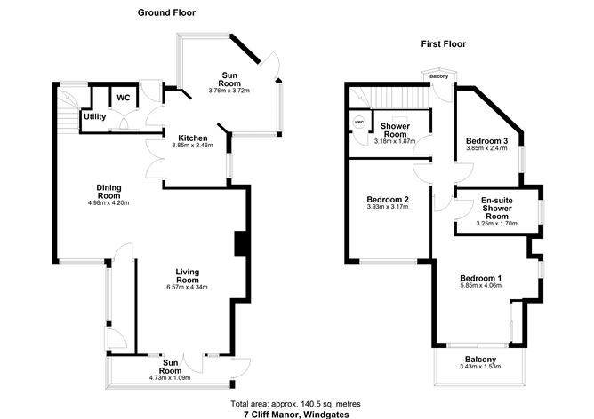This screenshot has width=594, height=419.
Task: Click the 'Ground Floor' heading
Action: click(x=166, y=12)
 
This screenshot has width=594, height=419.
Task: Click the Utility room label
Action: click(x=94, y=116)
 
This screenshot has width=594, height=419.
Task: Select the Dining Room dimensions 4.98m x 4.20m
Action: click(x=108, y=203)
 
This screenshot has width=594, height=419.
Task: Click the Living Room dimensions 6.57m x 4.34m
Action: click(x=186, y=287)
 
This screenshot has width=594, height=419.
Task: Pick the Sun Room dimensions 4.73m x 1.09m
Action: click(x=170, y=376)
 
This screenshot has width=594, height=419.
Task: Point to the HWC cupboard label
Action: click(x=359, y=122)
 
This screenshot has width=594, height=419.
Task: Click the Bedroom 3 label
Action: click(x=486, y=141)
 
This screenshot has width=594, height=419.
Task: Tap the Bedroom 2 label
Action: click(x=388, y=199)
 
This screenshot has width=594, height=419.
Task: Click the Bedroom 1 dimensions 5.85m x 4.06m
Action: click(x=480, y=287)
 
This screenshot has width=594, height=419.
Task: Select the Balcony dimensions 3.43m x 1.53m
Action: click(x=480, y=367)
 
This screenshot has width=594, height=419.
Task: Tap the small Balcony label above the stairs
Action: click(x=439, y=76)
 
